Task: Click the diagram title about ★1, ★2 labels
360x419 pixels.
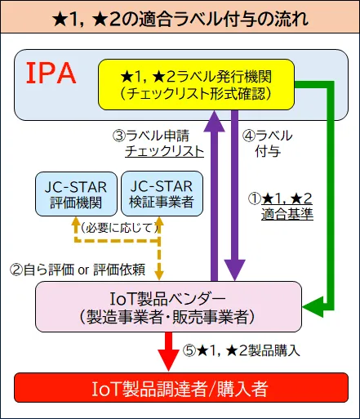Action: point(180,16)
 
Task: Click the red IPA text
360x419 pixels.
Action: point(51,74)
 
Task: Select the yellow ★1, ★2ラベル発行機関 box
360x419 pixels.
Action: point(195,84)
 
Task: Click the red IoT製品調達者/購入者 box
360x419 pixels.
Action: point(179,387)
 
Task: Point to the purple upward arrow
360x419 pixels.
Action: point(214,196)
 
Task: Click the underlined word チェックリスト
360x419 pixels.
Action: point(164,152)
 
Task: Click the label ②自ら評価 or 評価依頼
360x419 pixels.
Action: point(77,267)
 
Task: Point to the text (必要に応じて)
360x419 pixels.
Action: point(118,228)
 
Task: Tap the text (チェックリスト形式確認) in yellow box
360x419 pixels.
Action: point(195,93)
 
